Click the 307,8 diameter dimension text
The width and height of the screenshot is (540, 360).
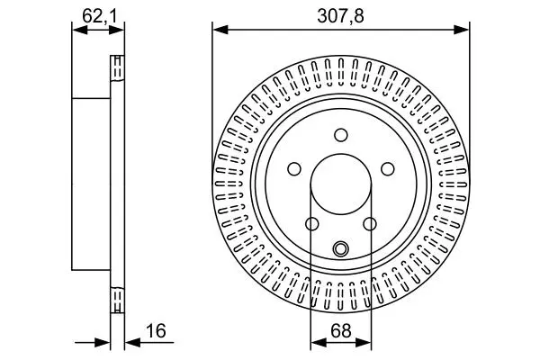point(340,16)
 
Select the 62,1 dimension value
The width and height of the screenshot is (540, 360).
point(99,16)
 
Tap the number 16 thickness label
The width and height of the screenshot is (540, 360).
point(156,330)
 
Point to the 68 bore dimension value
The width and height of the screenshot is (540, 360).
point(341,331)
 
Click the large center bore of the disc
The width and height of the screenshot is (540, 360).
point(341,184)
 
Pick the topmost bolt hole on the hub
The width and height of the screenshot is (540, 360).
point(341,135)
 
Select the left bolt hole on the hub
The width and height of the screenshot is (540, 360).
point(294,169)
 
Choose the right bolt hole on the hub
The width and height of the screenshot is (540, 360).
point(388,169)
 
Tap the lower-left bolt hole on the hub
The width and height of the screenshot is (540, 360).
point(312,224)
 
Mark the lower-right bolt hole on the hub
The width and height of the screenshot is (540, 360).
point(370,224)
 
